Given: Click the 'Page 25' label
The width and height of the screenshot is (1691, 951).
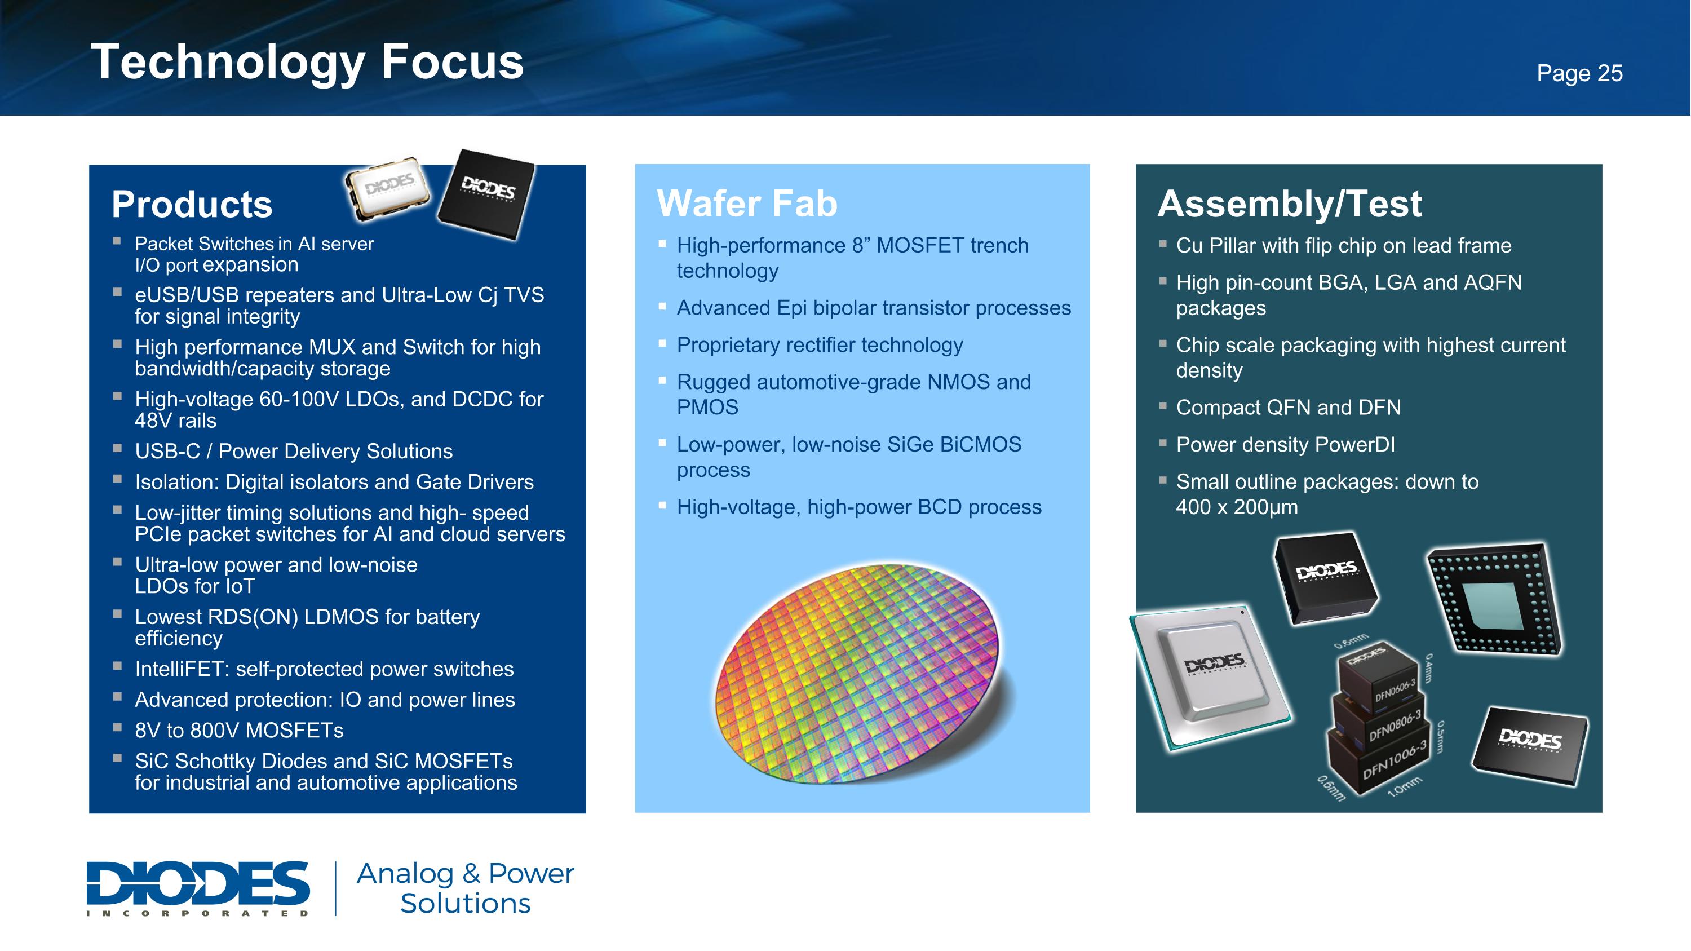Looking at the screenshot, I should click(x=1579, y=73).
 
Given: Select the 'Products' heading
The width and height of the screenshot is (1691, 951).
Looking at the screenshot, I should click(x=192, y=204).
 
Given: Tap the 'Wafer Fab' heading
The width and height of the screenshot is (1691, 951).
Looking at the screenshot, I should click(x=747, y=204).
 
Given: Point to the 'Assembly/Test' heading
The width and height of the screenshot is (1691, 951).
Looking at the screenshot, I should click(x=1289, y=204).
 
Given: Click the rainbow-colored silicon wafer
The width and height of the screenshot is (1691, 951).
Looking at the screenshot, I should click(x=857, y=673).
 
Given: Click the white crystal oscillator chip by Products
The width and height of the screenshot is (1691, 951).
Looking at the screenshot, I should click(x=388, y=188).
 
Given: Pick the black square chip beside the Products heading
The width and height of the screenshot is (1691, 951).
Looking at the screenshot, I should click(x=486, y=192).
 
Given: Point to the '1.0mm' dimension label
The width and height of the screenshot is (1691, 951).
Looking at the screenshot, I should click(x=1404, y=786).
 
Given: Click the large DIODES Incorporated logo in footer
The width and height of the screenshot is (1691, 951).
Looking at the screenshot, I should click(x=198, y=887).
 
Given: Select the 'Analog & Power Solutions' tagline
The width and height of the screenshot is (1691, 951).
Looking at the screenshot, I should click(x=465, y=888).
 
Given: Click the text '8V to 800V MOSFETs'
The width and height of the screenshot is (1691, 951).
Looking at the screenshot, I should click(x=239, y=730).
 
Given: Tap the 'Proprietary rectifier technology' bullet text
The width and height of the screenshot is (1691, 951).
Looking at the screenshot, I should click(x=819, y=344).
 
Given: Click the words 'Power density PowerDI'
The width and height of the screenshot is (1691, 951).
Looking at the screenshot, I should click(x=1285, y=444).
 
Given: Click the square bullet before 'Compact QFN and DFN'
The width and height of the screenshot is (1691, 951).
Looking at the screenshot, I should click(x=1162, y=406).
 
